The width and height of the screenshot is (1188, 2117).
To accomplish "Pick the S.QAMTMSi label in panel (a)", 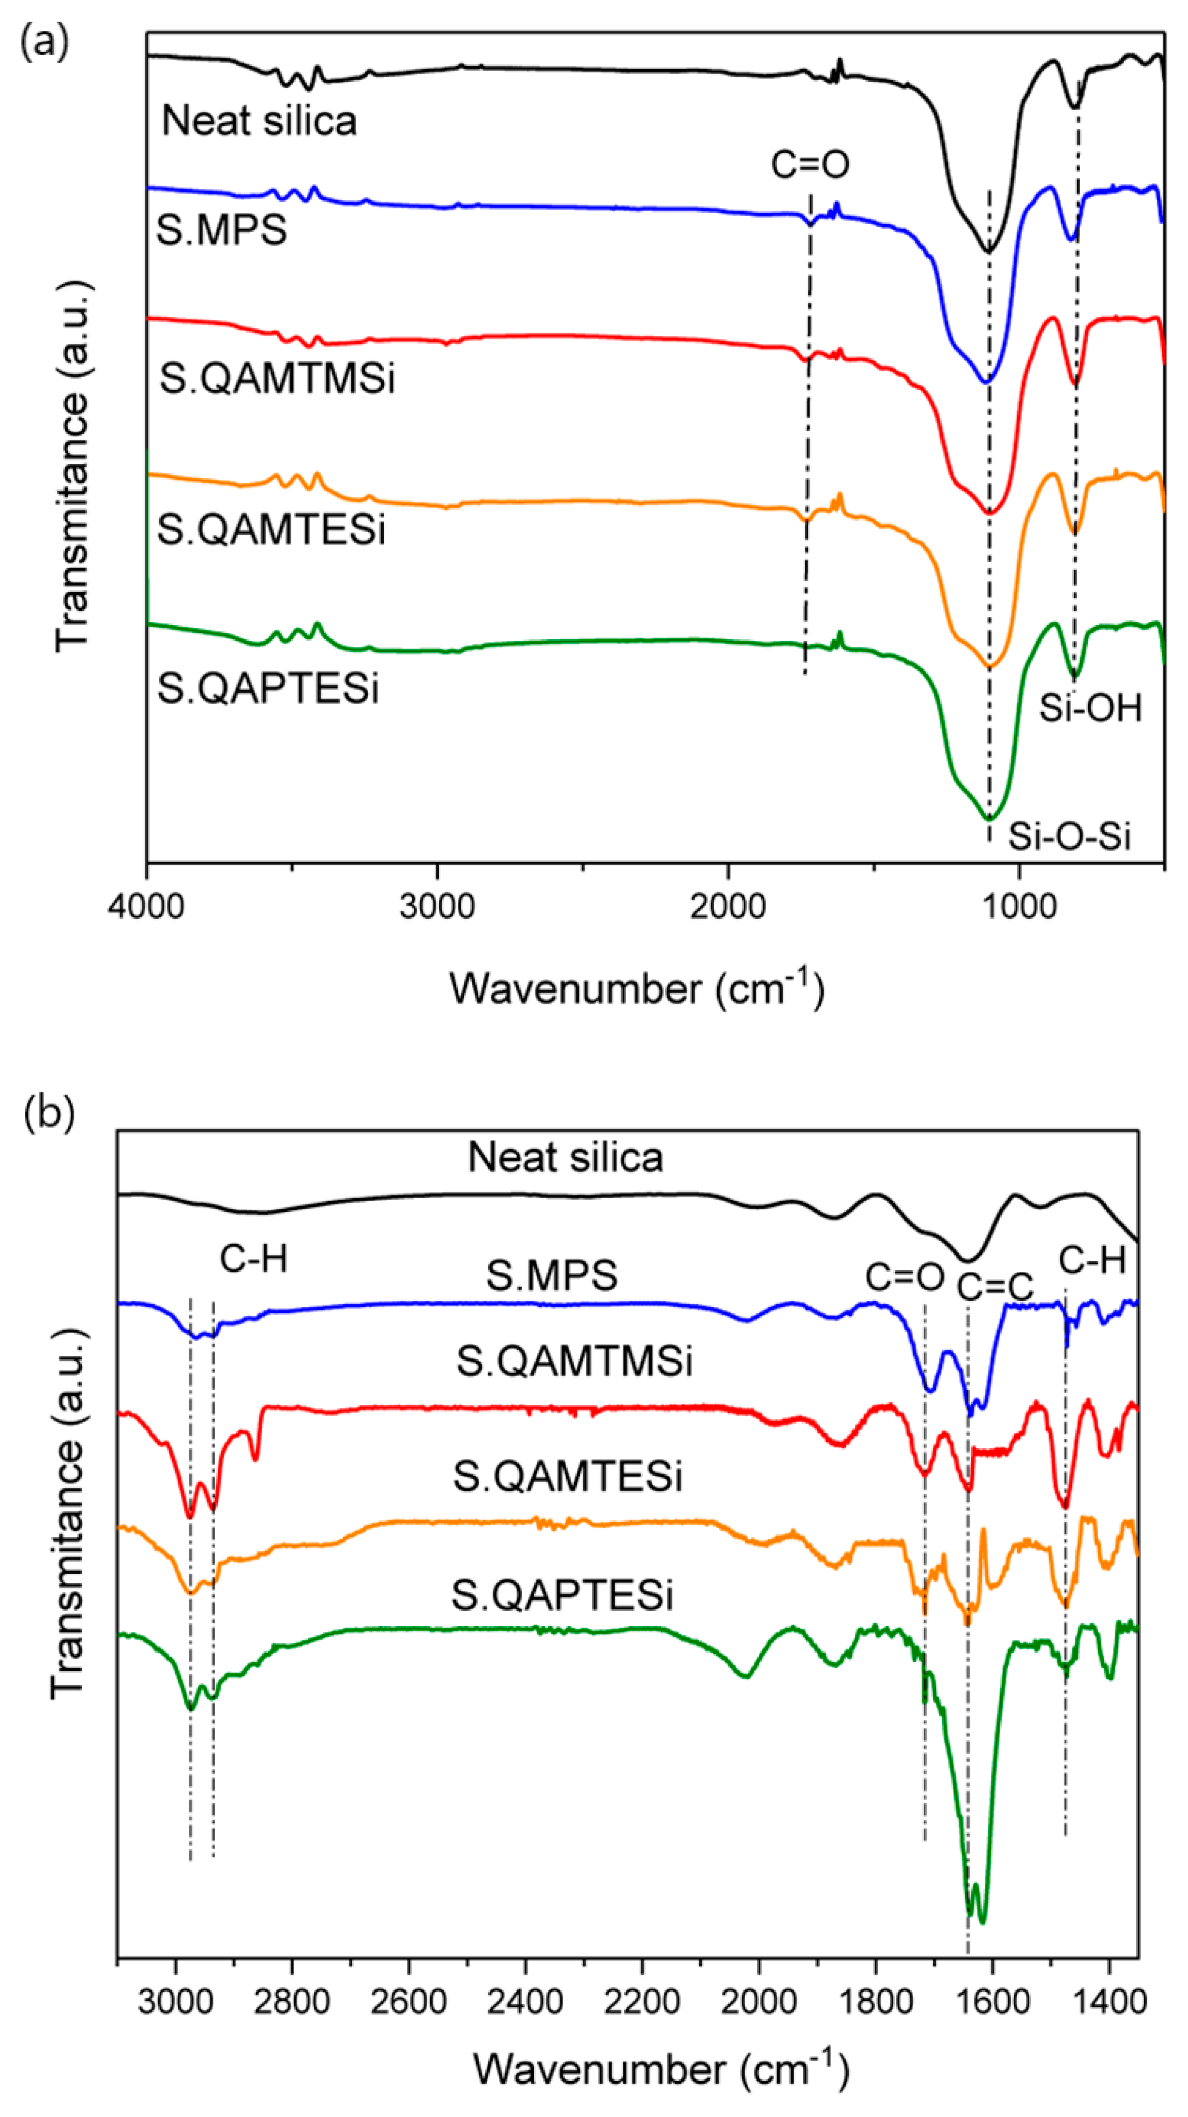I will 277,380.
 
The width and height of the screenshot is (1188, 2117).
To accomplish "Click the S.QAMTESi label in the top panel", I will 271,530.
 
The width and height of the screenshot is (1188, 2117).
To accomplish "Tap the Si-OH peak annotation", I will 1090,707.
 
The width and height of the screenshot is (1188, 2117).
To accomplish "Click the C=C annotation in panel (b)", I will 995,1287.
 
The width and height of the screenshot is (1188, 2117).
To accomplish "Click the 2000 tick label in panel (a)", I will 728,907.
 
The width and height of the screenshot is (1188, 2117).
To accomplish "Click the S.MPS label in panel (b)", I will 551,1276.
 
